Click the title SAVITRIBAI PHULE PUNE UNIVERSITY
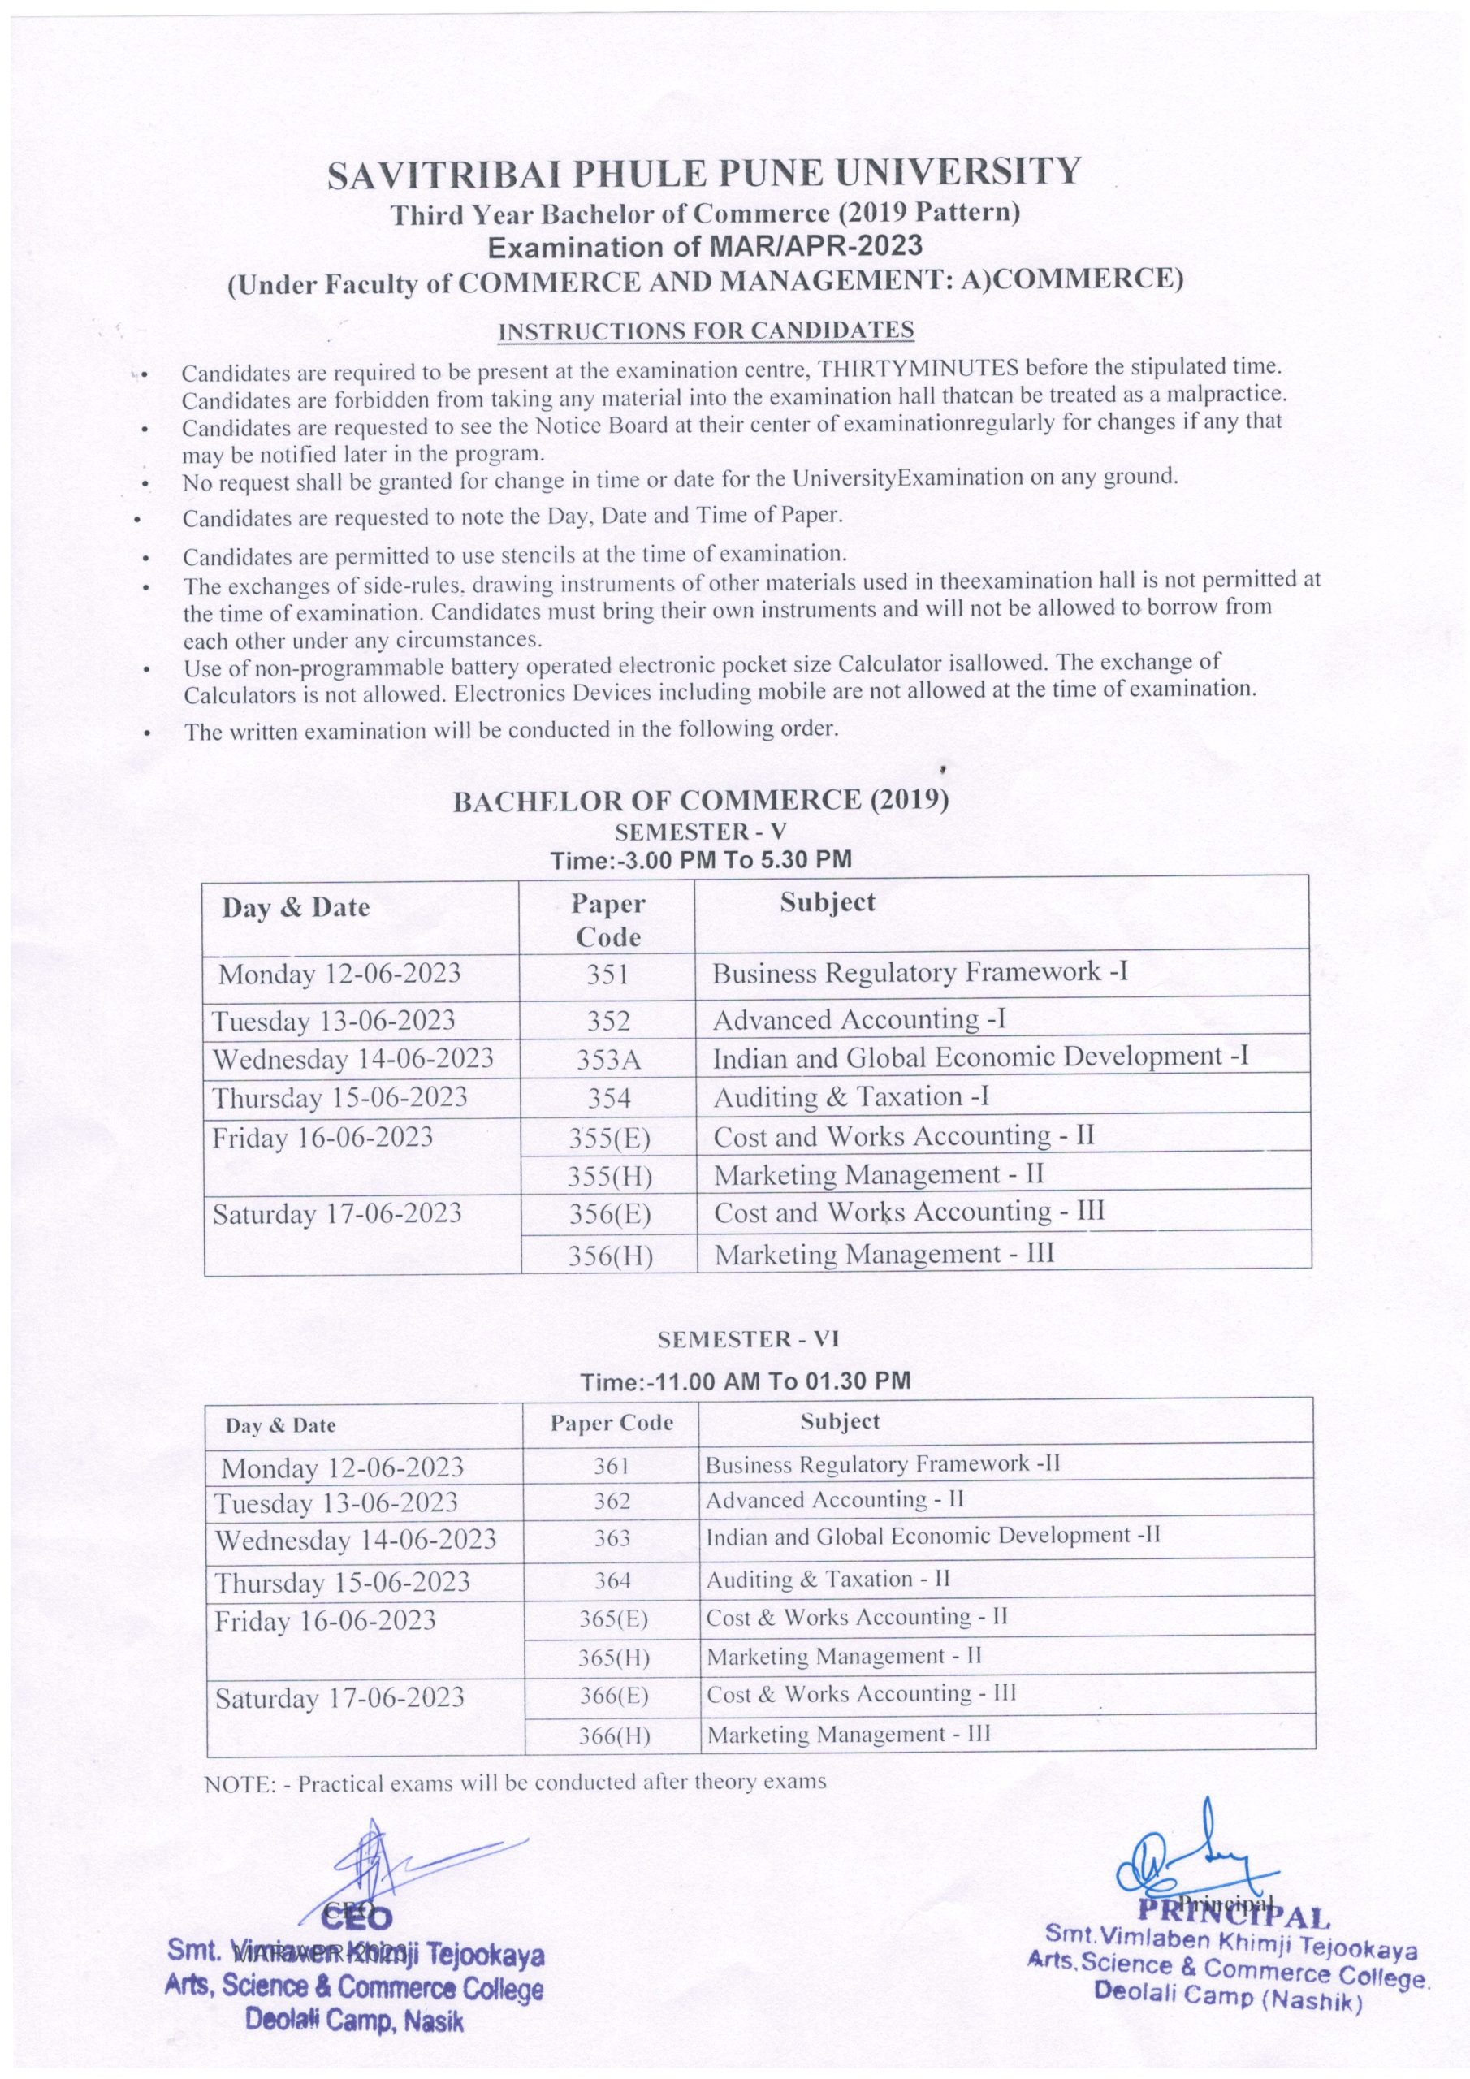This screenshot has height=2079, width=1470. pyautogui.click(x=704, y=172)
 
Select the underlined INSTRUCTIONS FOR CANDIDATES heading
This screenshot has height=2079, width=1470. pyautogui.click(x=706, y=331)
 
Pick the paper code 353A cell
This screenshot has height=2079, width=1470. pyautogui.click(x=608, y=1058)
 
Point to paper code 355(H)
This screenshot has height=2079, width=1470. pyautogui.click(x=610, y=1175)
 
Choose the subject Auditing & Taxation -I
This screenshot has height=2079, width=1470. pyautogui.click(x=850, y=1096)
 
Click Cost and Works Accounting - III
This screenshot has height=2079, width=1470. pyautogui.click(x=909, y=1212)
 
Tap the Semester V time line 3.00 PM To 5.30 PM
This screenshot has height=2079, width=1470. pyautogui.click(x=701, y=859)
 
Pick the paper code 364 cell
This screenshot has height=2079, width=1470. pyautogui.click(x=612, y=1580)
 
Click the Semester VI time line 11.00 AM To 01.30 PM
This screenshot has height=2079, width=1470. pyautogui.click(x=746, y=1381)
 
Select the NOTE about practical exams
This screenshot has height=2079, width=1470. pyautogui.click(x=516, y=1782)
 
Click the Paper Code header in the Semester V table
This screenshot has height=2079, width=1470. pyautogui.click(x=607, y=920)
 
